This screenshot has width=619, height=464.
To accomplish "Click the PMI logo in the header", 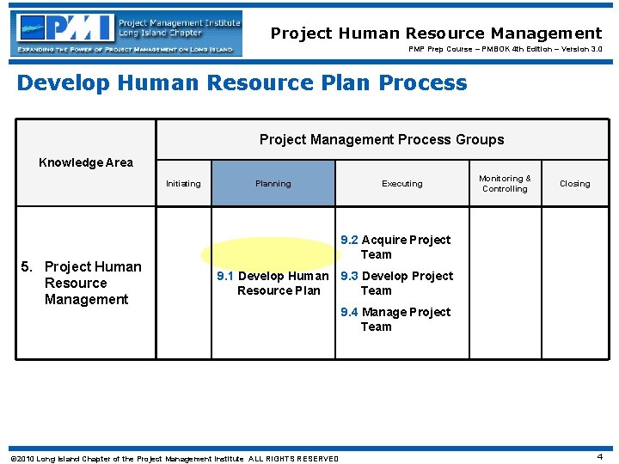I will pos(64,27).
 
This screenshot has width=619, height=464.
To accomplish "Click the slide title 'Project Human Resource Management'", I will pos(436,34).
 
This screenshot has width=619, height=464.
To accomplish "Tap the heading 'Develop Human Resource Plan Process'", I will pos(242,82).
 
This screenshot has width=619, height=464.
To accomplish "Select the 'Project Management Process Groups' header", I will pos(382,139).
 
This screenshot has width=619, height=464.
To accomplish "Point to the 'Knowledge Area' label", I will pos(86,162).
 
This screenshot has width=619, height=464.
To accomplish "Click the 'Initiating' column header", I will pos(183,183).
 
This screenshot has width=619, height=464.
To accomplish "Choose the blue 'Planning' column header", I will pos(273,183).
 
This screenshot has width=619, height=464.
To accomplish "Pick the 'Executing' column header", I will pos(402,183).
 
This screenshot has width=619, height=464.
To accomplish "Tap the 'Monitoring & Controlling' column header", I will pos(505,183).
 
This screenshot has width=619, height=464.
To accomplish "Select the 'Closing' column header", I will pos(574,183).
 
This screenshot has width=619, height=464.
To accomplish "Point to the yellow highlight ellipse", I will pos(271,253).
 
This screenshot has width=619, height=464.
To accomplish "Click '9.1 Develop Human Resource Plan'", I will pos(273,283).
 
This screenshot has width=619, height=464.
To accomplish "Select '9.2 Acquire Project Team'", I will pos(395,247).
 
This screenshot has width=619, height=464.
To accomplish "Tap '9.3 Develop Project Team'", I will pos(396,283).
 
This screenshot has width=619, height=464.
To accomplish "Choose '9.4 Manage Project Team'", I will pos(395,319).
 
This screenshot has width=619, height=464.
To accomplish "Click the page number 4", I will pos(599,456).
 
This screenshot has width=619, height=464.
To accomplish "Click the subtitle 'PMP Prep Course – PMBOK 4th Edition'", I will pos(505,49).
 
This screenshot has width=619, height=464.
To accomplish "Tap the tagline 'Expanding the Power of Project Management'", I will pos(125,50).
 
